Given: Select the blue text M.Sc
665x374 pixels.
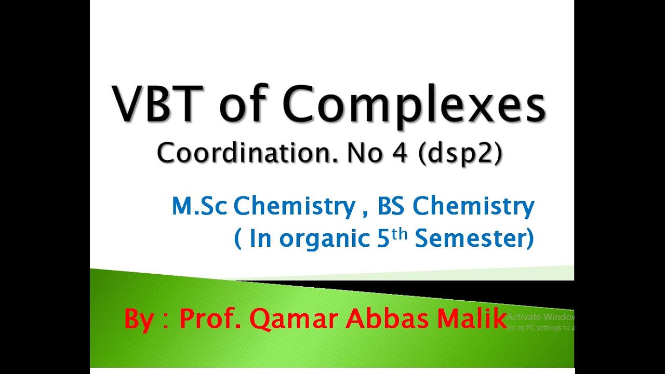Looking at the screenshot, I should click(199, 207).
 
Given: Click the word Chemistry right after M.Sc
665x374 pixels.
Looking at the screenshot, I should click(294, 207).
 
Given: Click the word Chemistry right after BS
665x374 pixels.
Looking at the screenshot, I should click(473, 207).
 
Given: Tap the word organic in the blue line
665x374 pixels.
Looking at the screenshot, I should click(324, 239).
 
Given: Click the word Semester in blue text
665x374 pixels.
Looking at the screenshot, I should click(473, 239).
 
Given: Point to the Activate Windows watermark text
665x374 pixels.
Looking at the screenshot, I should click(541, 316).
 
